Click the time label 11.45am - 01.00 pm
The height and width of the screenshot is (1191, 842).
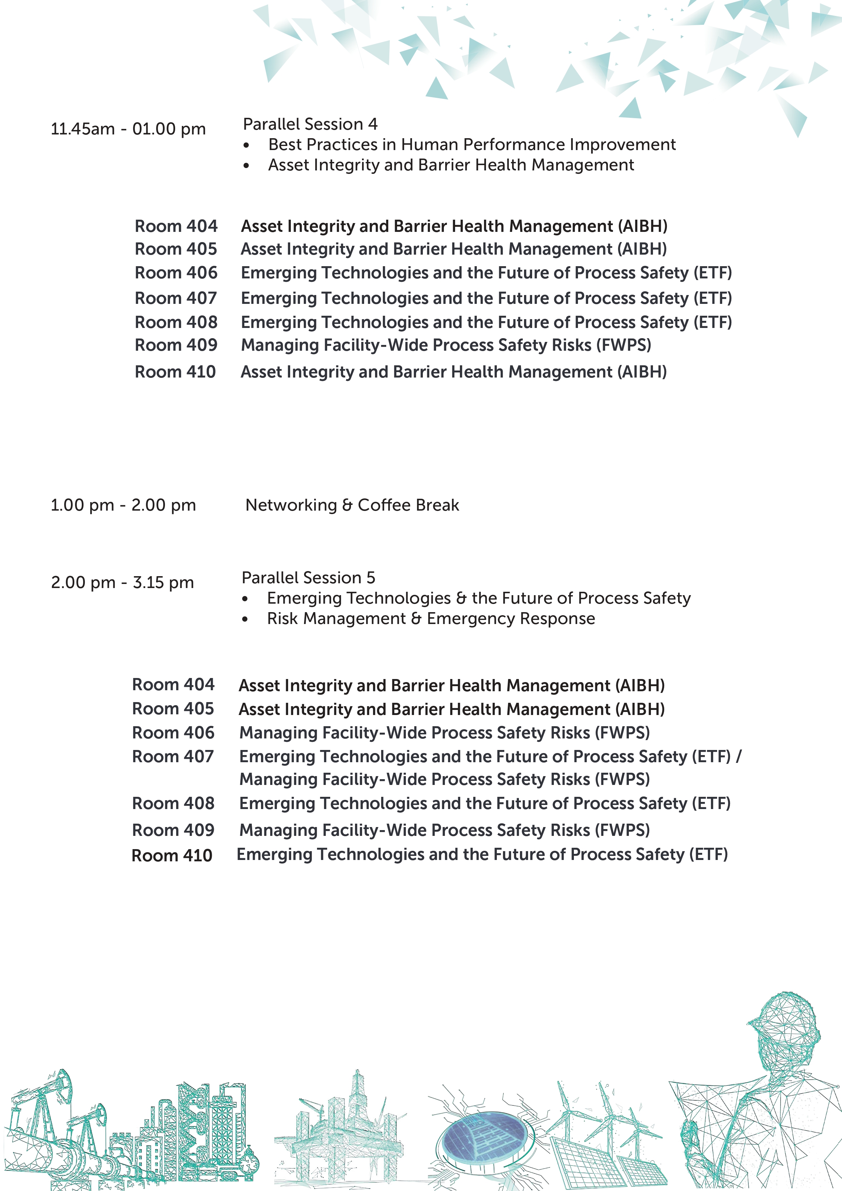click(128, 129)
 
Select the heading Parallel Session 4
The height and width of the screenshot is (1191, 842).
click(310, 124)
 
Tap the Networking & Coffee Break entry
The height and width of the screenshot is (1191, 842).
click(352, 505)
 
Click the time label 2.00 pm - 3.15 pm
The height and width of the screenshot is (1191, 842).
click(123, 583)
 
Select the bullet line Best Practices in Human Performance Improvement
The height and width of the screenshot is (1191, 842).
click(472, 144)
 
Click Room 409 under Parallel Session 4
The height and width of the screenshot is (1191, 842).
click(176, 345)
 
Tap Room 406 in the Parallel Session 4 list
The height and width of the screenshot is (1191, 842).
click(176, 273)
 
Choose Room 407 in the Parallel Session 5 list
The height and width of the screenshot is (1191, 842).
click(173, 756)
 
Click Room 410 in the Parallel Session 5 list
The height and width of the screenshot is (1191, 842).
click(172, 855)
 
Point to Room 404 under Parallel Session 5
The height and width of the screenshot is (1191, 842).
click(173, 685)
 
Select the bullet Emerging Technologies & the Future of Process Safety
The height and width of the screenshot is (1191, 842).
click(479, 598)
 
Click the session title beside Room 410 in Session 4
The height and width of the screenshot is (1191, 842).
click(454, 372)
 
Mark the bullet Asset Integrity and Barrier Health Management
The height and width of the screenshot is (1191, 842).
click(451, 165)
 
